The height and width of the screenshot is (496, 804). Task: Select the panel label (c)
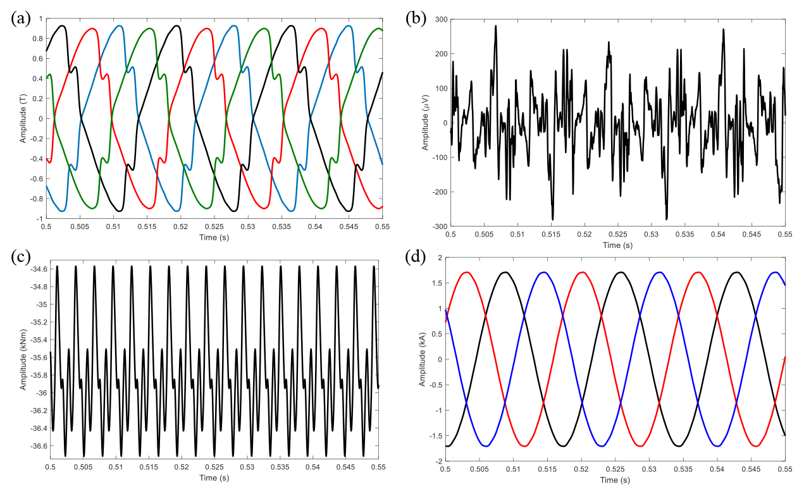[21, 257]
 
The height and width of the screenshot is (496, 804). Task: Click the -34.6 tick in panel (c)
[35, 269]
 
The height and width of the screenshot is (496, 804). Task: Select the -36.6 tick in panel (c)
[35, 446]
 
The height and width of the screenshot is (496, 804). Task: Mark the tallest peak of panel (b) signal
[496, 26]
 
